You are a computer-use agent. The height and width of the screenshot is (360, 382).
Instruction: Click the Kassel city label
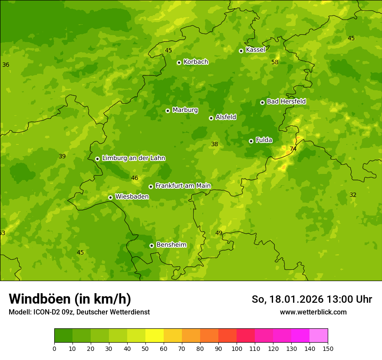tap(255, 50)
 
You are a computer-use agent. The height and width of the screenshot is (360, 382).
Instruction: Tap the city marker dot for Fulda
tap(251, 141)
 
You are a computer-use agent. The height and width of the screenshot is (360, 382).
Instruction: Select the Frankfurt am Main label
tap(183, 186)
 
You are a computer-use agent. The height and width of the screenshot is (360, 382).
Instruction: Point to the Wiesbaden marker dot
tap(110, 197)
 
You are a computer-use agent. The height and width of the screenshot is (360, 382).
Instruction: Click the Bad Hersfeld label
tap(286, 101)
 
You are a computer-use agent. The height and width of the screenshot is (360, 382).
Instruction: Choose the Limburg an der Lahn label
tap(133, 158)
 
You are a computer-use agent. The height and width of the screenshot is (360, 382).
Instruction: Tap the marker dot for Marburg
tap(168, 111)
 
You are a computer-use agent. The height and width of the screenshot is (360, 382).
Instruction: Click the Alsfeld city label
tap(226, 117)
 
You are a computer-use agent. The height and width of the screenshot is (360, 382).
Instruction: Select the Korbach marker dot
tap(179, 62)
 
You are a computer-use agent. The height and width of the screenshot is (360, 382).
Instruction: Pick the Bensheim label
tap(171, 245)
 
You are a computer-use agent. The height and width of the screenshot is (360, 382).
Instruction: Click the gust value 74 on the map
tap(293, 149)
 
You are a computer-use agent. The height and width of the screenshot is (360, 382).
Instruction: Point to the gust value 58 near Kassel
tap(275, 62)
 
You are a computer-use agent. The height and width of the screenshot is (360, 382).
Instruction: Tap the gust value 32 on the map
tap(353, 195)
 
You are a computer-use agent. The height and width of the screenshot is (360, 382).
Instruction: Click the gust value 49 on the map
tap(219, 233)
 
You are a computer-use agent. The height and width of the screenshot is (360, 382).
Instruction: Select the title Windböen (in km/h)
tap(70, 299)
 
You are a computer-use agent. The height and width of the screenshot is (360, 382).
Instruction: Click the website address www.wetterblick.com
tap(313, 312)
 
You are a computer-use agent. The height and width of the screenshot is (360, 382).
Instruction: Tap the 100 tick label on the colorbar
tap(237, 348)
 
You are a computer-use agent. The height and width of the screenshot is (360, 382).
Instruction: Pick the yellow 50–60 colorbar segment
tap(155, 336)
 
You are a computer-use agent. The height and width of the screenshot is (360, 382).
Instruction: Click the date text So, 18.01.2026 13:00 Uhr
tap(312, 299)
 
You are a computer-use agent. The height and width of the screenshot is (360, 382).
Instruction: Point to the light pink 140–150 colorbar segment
tap(319, 336)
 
